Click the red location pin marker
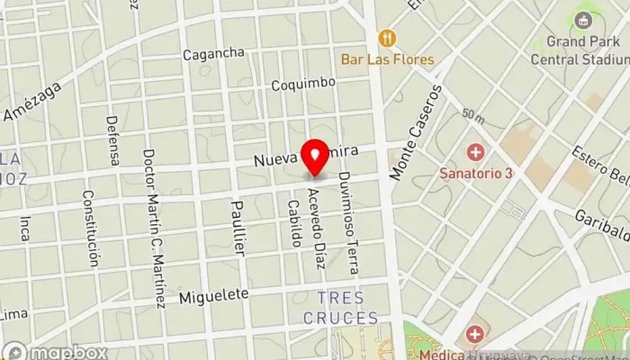pyautogui.click(x=315, y=158)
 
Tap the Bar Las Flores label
pyautogui.click(x=388, y=59)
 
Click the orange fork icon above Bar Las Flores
pyautogui.click(x=388, y=38)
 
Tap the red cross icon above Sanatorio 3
pyautogui.click(x=473, y=150)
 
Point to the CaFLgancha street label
pyautogui.click(x=213, y=54)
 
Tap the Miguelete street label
pyautogui.click(x=212, y=298)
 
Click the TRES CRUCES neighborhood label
pyautogui.click(x=347, y=308)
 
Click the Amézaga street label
pyautogui.click(x=32, y=101)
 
